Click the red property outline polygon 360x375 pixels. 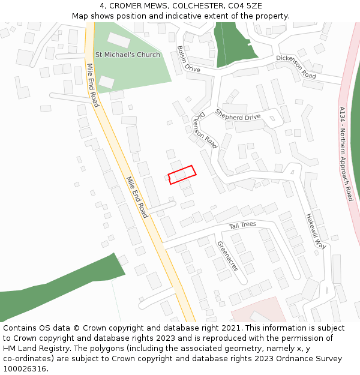182,175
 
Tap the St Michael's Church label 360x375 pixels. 128,55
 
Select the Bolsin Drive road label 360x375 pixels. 188,59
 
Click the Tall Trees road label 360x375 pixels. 242,225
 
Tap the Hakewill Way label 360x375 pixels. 314,231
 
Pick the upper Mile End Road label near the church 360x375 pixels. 92,85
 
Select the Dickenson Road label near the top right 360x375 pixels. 296,67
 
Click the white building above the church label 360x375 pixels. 118,41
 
